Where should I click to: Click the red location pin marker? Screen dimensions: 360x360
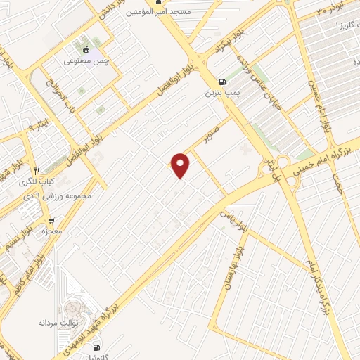coord(181,165)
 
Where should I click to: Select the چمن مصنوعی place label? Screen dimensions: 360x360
coord(86,62)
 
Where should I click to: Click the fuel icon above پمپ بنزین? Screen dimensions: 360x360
coord(223,81)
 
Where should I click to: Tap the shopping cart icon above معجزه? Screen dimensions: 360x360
coord(51,219)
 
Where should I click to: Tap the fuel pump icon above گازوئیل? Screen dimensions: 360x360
coord(96,346)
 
